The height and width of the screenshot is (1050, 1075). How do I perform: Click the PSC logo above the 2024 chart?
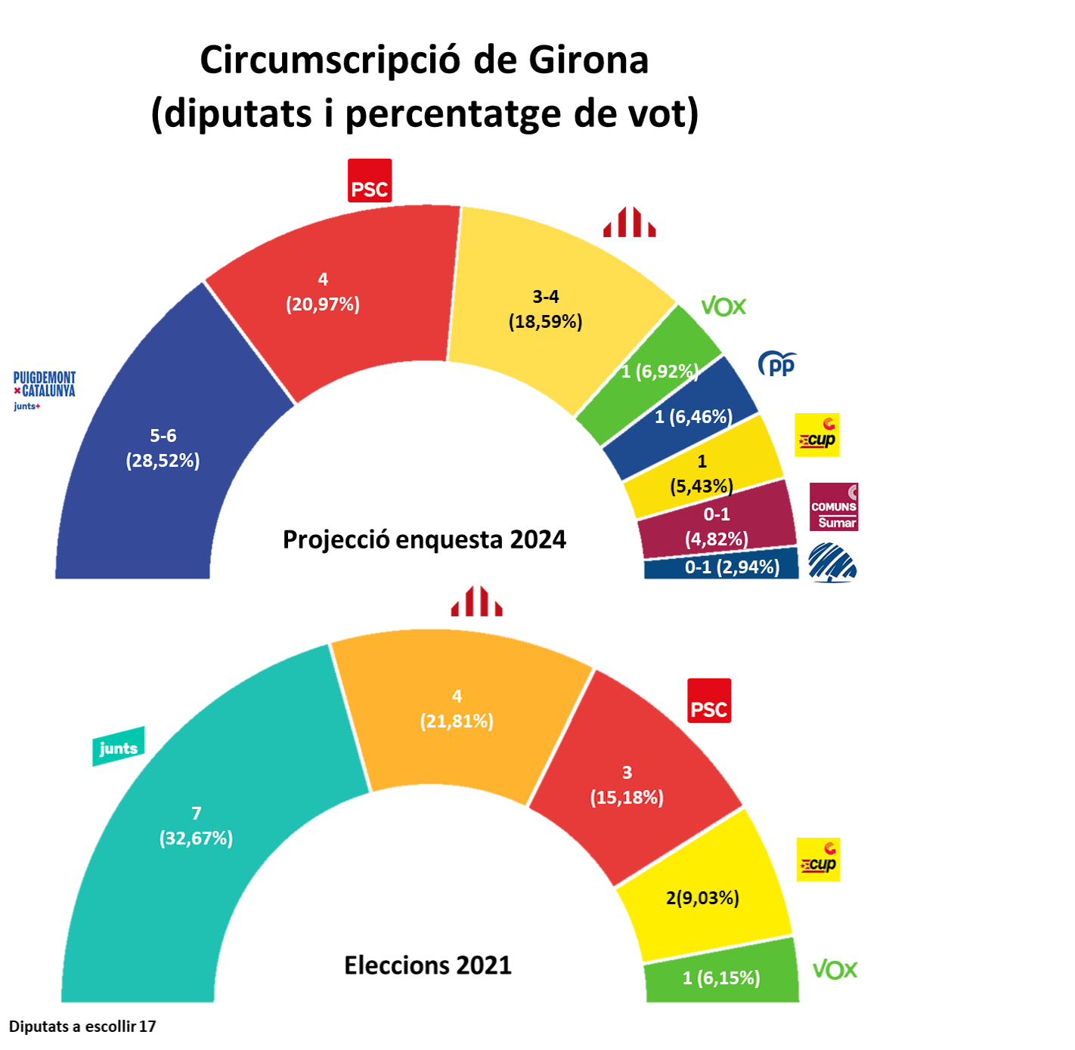click(x=370, y=181)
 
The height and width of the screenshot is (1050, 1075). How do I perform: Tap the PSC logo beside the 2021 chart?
click(x=709, y=701)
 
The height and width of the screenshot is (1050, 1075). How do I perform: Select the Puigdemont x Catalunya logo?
click(x=45, y=390)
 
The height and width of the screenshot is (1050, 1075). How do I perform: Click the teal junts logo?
click(x=118, y=747)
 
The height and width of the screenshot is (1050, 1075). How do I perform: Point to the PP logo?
click(x=777, y=364)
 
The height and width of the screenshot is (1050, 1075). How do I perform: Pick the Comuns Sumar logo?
click(x=834, y=507)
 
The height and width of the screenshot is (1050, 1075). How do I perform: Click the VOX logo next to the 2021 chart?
click(x=835, y=970)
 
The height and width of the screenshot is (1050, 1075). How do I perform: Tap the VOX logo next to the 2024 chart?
click(x=723, y=307)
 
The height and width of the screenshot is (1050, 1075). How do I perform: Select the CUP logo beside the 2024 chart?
click(x=817, y=435)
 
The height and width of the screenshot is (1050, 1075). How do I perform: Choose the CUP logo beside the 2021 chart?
click(x=818, y=860)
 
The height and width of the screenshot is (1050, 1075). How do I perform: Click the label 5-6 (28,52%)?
click(x=163, y=448)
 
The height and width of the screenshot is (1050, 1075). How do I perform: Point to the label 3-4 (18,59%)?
click(x=545, y=309)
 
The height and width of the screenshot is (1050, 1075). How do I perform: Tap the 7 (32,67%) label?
click(x=196, y=826)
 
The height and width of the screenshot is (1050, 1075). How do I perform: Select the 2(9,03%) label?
click(x=702, y=897)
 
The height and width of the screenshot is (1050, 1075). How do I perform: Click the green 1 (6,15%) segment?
click(x=722, y=978)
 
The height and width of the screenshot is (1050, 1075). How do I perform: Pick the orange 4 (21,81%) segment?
click(x=457, y=709)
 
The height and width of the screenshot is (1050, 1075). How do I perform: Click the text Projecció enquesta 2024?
click(x=424, y=539)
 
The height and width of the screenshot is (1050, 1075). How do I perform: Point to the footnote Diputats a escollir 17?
click(x=82, y=1026)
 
